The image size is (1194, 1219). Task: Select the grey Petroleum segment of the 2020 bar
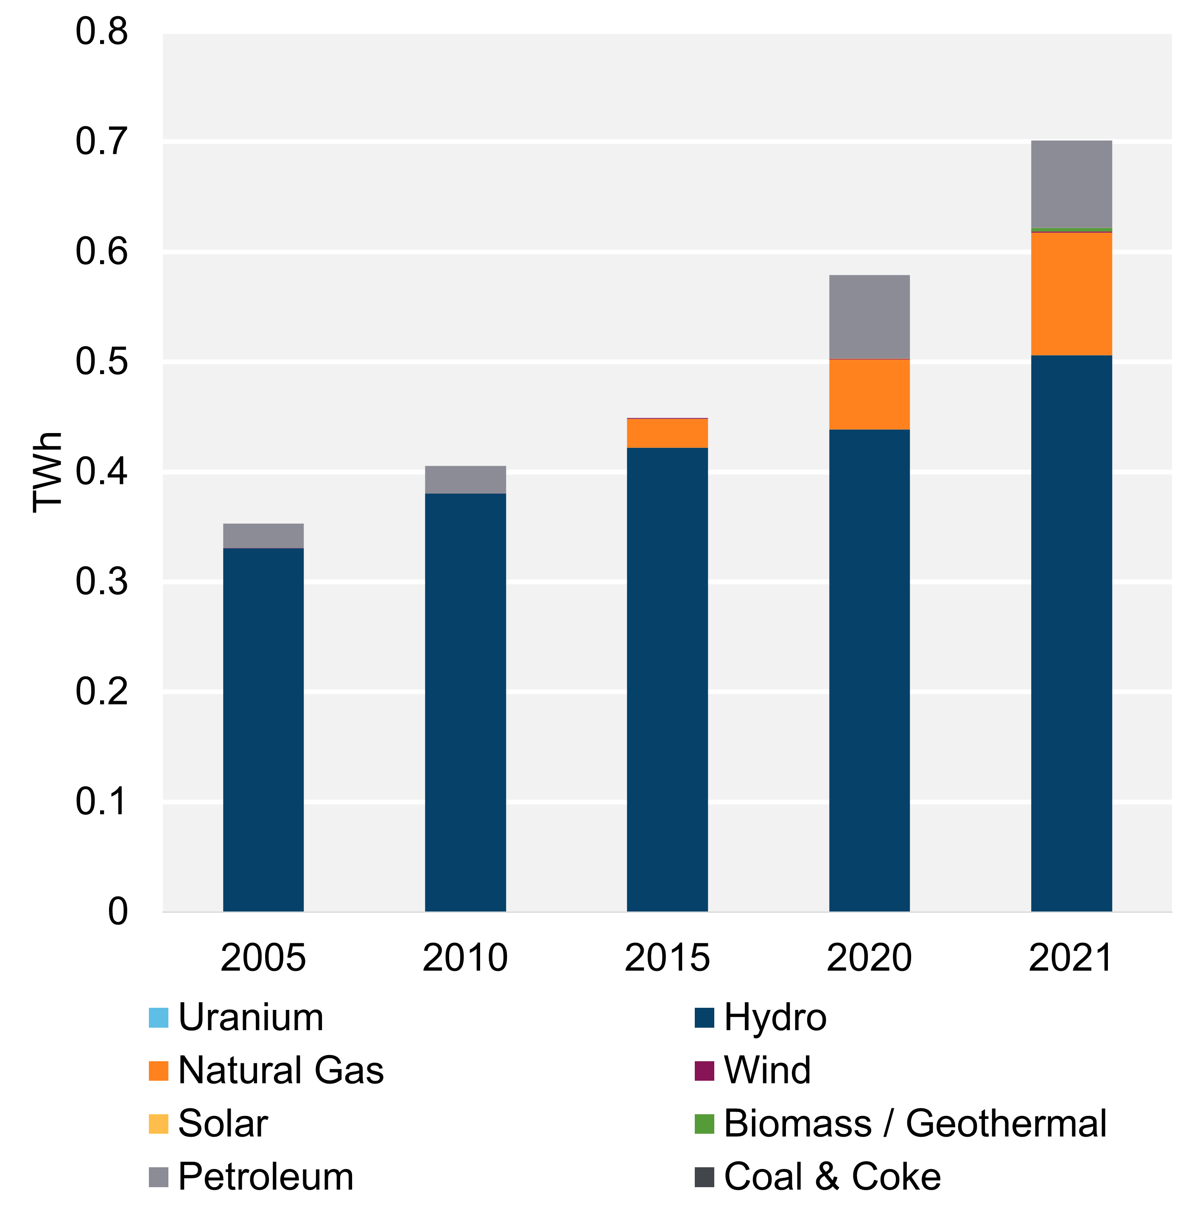(x=869, y=317)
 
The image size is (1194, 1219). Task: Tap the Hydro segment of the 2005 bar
(x=263, y=727)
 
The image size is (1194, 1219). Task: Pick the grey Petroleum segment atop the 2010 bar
(x=465, y=480)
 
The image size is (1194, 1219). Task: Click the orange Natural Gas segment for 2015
(x=667, y=433)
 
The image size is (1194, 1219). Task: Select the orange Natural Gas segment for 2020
(x=869, y=394)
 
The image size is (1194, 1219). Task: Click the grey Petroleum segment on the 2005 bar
(x=263, y=536)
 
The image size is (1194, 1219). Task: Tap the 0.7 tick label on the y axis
(x=102, y=142)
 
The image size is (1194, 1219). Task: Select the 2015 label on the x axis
(x=667, y=958)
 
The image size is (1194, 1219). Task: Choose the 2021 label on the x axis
(x=1071, y=958)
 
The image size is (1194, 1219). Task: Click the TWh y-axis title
(x=48, y=472)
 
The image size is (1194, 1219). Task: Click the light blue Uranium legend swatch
(x=159, y=1018)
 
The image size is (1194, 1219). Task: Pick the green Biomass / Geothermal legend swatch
(x=704, y=1124)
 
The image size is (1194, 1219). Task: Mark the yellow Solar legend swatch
(x=159, y=1124)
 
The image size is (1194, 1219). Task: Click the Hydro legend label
(x=775, y=1018)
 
